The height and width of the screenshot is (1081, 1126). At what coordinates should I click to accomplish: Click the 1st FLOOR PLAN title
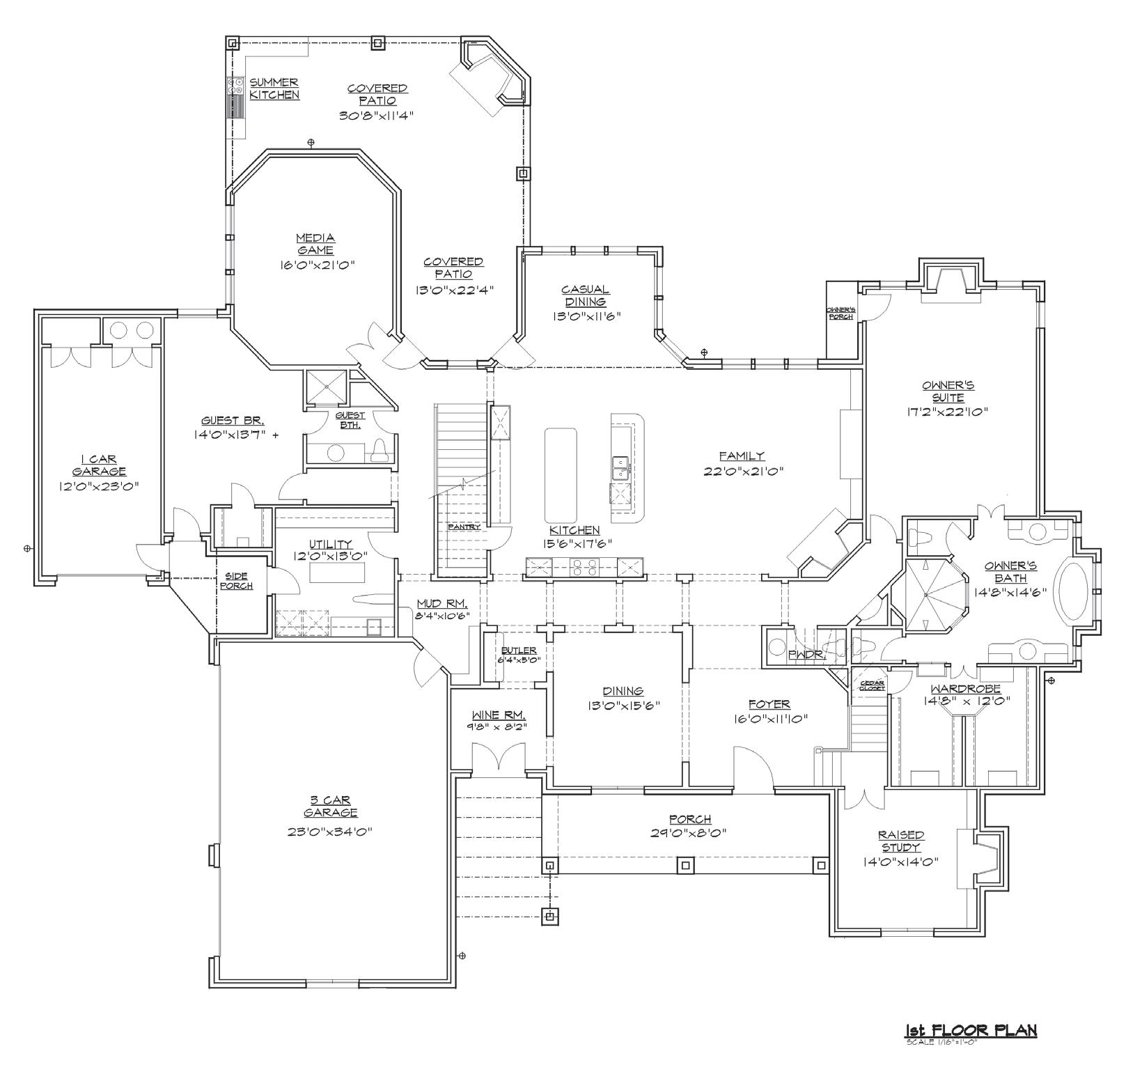click(x=971, y=1030)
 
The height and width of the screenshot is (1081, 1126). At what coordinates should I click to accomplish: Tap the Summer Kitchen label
click(x=274, y=88)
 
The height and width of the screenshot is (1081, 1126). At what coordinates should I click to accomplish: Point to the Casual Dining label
click(x=586, y=295)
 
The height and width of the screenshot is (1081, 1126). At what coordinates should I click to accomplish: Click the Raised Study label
click(x=901, y=841)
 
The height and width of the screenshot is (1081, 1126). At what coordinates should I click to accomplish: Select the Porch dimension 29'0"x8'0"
click(x=690, y=832)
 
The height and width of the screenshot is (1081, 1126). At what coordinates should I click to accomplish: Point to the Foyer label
click(x=769, y=704)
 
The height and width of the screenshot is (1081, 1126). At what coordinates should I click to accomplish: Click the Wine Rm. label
click(x=499, y=715)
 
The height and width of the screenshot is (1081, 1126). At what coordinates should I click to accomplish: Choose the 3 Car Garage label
click(x=331, y=806)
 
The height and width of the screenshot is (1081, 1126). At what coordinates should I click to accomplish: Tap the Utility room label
click(x=331, y=544)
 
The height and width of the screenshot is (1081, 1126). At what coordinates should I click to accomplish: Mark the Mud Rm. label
click(x=442, y=603)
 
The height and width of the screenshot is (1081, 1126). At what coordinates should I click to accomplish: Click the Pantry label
click(x=464, y=527)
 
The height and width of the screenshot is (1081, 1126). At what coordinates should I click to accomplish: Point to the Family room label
click(x=742, y=456)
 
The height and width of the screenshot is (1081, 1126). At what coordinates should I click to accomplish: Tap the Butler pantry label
click(x=519, y=651)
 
